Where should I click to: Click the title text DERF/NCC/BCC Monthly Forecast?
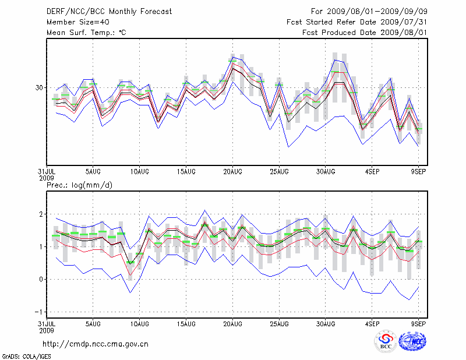(109, 12)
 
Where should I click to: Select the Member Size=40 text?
(77, 22)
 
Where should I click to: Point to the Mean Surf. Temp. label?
(86, 33)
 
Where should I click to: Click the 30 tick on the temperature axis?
(40, 87)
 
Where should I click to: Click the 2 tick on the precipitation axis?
(41, 214)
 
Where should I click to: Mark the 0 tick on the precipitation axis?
(41, 279)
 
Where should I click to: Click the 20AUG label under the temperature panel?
(232, 171)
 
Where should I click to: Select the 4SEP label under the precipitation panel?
(372, 323)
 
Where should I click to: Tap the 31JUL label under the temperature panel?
(46, 171)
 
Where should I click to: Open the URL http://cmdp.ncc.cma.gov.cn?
(96, 344)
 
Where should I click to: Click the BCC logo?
(385, 342)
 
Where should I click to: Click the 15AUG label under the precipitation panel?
(186, 323)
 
